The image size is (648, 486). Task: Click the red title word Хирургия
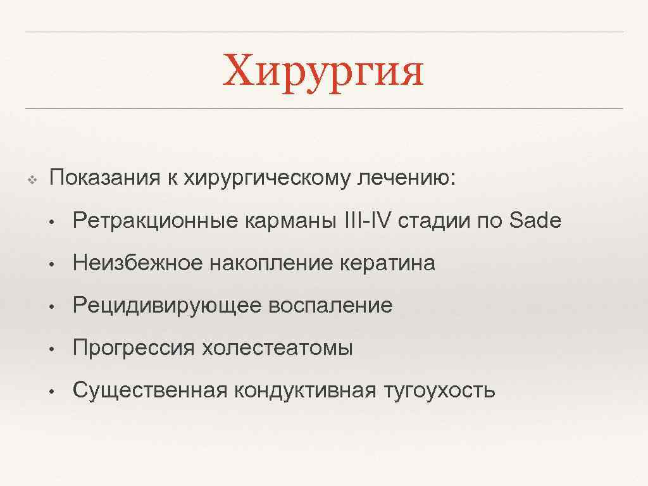[323, 71]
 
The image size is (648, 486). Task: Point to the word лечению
[406, 178]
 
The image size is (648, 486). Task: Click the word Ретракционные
[155, 221]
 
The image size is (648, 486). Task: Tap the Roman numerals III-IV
[368, 221]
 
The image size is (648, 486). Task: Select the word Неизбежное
[137, 263]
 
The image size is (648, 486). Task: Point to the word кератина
[387, 263]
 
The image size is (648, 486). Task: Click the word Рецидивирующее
[167, 306]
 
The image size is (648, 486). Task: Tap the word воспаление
[330, 306]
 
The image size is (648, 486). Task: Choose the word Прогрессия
[134, 348]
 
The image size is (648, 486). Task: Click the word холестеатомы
[277, 348]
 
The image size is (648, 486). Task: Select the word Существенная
[150, 390]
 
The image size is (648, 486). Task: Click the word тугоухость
[439, 390]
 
